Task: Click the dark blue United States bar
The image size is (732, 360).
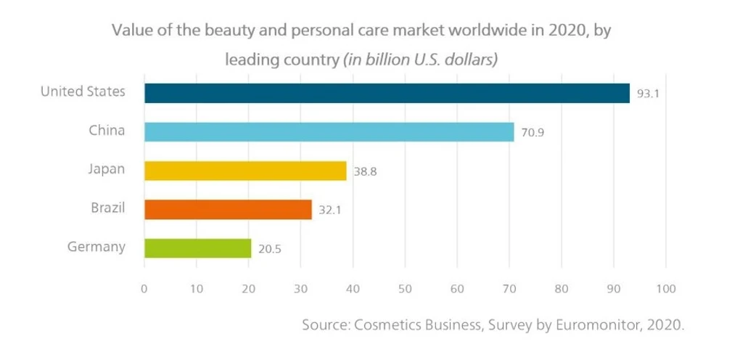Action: pos(387,93)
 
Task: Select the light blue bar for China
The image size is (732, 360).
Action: pos(329,132)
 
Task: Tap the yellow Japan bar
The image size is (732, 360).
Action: pos(245,171)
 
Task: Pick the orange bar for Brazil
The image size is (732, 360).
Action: pos(228,209)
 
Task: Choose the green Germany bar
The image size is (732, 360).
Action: pos(197,248)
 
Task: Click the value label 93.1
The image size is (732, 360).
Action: pos(649,94)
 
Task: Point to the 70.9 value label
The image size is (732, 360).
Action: pos(532,133)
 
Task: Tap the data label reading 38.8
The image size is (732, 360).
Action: pos(365,171)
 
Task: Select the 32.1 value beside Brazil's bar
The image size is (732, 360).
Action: pos(330,210)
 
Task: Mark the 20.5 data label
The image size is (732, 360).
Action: pos(269,249)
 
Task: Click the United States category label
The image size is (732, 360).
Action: pos(83,91)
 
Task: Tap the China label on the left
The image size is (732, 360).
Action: pos(107,131)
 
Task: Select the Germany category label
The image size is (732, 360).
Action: pos(96,247)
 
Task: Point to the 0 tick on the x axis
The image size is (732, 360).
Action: pos(144,289)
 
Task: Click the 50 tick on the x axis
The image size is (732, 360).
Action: pos(405,289)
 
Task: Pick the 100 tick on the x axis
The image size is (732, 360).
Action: pos(665,289)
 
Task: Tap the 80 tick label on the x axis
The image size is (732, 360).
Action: pos(561,289)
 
